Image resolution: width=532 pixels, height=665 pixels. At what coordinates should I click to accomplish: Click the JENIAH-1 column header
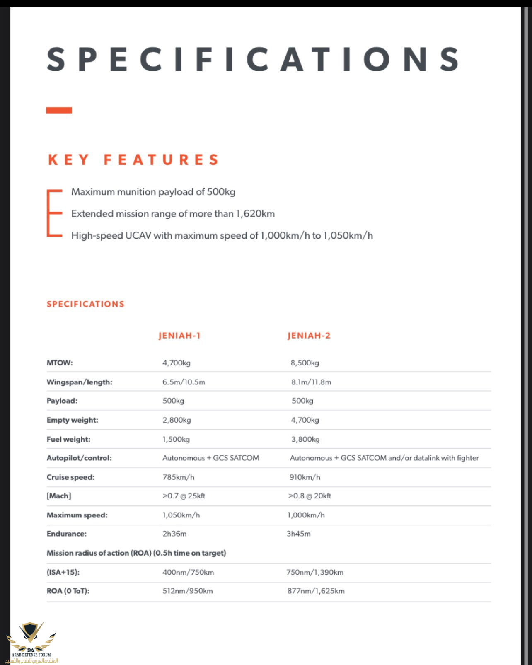click(x=179, y=336)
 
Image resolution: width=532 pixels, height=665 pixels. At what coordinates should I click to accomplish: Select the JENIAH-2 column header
click(x=309, y=336)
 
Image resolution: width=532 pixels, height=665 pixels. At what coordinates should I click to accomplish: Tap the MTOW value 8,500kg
click(x=305, y=363)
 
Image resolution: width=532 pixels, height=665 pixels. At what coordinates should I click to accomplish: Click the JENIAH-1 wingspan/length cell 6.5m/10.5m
click(x=184, y=382)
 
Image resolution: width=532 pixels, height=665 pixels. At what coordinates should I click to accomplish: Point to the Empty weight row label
click(x=73, y=420)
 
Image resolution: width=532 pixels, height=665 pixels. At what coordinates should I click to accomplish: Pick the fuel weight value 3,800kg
click(x=305, y=439)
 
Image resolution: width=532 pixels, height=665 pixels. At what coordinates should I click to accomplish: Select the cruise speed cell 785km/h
click(x=178, y=477)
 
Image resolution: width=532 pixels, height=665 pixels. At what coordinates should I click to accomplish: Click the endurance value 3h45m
click(x=298, y=534)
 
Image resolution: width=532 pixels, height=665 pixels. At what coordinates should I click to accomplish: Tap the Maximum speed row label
click(x=77, y=515)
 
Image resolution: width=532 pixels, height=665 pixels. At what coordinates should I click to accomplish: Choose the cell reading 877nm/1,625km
click(x=316, y=591)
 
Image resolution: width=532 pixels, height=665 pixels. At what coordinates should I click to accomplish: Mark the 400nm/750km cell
click(x=188, y=572)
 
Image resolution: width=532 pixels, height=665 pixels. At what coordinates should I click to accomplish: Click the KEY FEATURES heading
click(x=133, y=160)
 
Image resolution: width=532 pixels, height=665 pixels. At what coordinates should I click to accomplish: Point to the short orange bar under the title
click(x=59, y=110)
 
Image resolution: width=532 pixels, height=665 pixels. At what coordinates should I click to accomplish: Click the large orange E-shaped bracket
click(x=54, y=213)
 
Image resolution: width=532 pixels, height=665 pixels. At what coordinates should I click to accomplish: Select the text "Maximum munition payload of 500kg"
click(x=153, y=192)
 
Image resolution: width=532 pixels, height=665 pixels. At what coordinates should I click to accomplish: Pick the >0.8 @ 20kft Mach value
click(x=310, y=496)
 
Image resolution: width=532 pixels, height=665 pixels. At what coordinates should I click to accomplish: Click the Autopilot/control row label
click(x=79, y=458)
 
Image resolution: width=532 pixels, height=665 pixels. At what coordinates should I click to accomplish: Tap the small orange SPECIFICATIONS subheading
click(x=85, y=304)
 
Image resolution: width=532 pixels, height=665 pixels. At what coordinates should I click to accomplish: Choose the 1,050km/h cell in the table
click(x=181, y=515)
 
